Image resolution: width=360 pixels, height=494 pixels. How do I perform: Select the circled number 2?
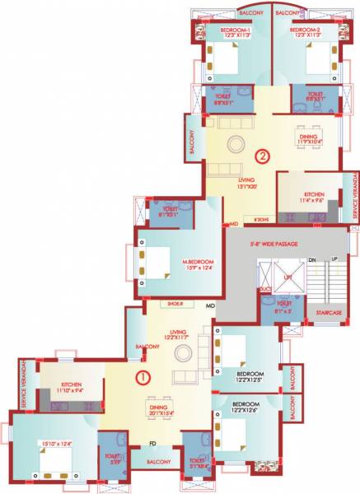[263, 155]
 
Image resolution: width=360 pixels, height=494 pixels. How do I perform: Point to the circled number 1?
[142, 378]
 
